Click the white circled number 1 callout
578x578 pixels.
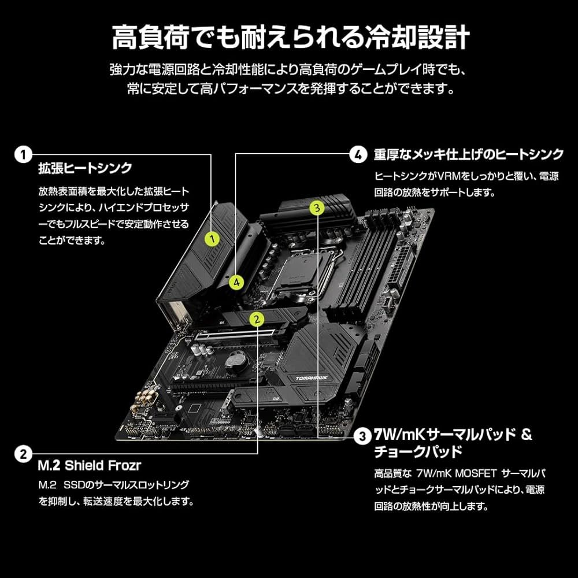[24, 154]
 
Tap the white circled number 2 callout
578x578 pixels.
[24, 454]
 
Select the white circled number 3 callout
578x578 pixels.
[363, 436]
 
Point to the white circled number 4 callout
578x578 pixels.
[358, 154]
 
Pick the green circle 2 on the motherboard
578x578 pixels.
[257, 319]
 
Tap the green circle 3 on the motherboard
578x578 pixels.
[317, 208]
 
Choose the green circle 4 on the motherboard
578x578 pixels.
[236, 283]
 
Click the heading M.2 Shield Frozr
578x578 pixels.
[90, 465]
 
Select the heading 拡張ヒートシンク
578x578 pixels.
[85, 168]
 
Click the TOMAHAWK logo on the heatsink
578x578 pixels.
[312, 378]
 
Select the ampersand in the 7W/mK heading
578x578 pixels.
[527, 435]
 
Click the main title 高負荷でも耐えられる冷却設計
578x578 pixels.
[291, 37]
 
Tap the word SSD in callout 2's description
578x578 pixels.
[74, 485]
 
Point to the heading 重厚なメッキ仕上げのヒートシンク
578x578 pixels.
[469, 154]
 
